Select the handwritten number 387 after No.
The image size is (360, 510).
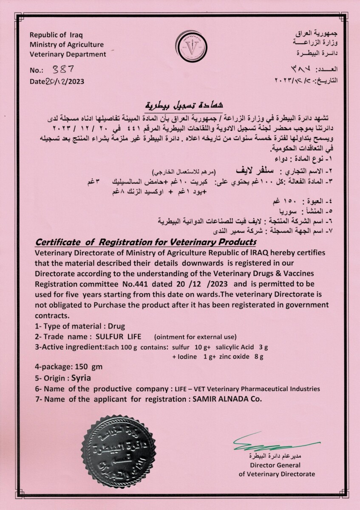click(x=62, y=69)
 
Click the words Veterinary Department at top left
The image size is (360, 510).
click(x=68, y=54)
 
